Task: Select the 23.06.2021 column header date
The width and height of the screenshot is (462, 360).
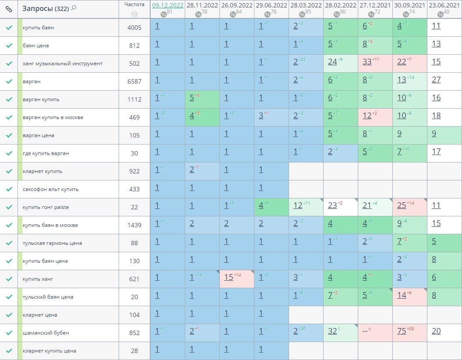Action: pyautogui.click(x=444, y=5)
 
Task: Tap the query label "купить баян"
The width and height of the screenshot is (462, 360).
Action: pyautogui.click(x=39, y=28)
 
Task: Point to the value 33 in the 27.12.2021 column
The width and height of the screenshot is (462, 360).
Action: pyautogui.click(x=367, y=62)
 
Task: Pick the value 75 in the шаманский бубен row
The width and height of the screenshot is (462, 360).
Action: pyautogui.click(x=402, y=331)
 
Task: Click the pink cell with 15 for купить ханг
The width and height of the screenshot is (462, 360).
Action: pyautogui.click(x=229, y=277)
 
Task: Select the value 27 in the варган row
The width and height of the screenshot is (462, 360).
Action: pyautogui.click(x=436, y=80)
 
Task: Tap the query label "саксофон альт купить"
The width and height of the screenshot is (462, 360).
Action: pyautogui.click(x=51, y=189)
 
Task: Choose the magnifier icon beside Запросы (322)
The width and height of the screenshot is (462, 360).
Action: pyautogui.click(x=74, y=8)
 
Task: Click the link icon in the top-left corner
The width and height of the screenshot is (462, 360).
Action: pyautogui.click(x=8, y=9)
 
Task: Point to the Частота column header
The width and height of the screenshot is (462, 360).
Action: pyautogui.click(x=134, y=4)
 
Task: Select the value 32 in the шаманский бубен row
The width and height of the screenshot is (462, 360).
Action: pyautogui.click(x=332, y=331)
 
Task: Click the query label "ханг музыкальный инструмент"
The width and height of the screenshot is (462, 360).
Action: pyautogui.click(x=63, y=64)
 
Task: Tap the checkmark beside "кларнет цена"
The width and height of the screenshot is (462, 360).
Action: pyautogui.click(x=9, y=315)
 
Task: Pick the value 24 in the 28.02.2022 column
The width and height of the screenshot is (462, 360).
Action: pyautogui.click(x=332, y=62)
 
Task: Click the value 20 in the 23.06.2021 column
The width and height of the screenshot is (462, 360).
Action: pyautogui.click(x=436, y=331)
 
